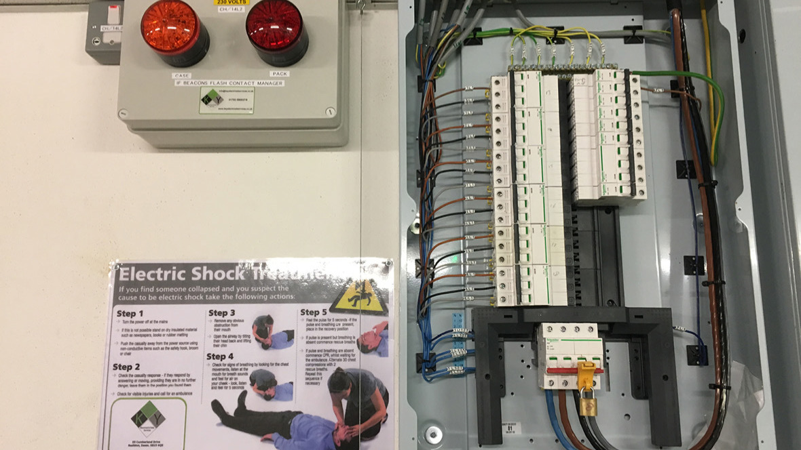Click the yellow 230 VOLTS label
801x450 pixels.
tap(231, 2)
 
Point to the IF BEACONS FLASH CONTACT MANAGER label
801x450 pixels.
tap(229, 83)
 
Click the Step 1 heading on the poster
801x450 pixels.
tap(130, 314)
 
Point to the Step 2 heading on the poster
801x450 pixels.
tap(127, 367)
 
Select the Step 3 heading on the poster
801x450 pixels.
tap(221, 312)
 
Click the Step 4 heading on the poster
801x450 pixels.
tap(220, 356)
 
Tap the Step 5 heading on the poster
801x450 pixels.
tap(314, 312)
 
